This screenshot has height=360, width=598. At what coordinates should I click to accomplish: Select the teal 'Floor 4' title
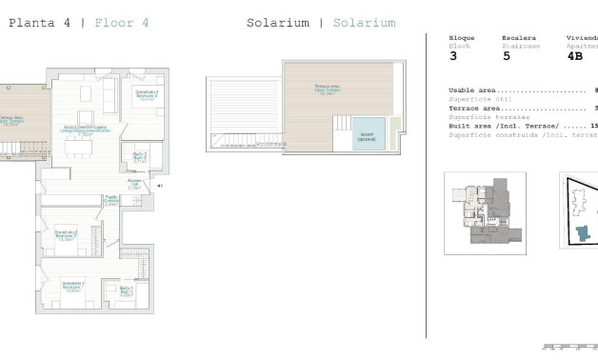[x=121, y=22]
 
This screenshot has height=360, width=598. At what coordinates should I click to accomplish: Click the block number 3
[x=453, y=55]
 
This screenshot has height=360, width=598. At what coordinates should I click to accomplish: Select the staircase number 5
[x=506, y=55]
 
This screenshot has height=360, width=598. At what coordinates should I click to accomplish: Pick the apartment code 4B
[x=575, y=55]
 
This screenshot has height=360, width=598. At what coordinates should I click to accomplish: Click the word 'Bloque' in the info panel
[x=462, y=38]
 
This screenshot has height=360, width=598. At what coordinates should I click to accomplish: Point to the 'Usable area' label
[x=476, y=90]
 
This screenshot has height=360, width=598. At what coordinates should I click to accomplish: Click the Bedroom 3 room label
[x=145, y=95]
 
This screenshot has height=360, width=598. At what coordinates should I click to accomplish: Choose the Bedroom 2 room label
[x=66, y=235]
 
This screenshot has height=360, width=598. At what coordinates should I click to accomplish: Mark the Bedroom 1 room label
[x=72, y=286]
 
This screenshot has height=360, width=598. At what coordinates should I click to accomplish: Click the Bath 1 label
[x=126, y=290]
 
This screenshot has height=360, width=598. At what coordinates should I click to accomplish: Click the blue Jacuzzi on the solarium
[x=368, y=133]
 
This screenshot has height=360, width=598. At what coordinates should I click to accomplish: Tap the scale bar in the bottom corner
[x=569, y=347]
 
